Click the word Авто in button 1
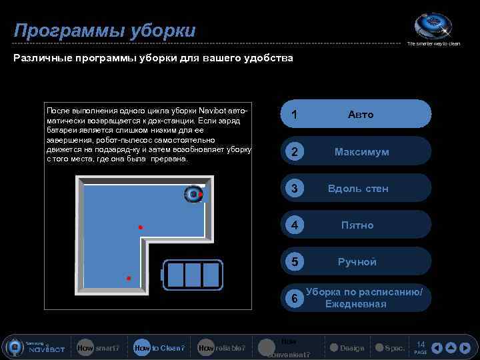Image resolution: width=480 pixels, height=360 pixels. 361,115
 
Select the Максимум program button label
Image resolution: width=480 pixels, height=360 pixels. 361,152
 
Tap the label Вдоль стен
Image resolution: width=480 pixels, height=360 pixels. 357,189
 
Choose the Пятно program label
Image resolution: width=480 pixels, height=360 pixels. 357,225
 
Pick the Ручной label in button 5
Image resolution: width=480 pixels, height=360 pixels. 357,262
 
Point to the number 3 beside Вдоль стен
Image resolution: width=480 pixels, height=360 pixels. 294,189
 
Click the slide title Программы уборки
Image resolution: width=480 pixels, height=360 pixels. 105,31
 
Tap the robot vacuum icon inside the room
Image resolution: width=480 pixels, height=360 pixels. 193,193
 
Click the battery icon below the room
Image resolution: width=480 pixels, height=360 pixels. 193,274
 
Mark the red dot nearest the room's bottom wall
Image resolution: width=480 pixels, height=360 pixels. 129,277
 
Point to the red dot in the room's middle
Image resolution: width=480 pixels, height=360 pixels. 141,227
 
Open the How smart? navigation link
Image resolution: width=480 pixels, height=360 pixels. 98,348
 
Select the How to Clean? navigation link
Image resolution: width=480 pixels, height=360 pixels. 159,348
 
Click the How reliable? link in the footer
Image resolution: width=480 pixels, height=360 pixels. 221,348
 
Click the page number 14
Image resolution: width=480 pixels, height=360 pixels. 421,345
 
